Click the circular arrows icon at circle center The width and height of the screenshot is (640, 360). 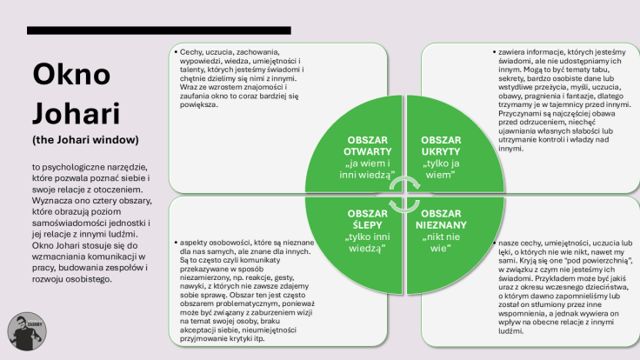click(x=403, y=194)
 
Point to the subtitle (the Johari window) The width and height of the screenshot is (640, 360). click(x=85, y=139)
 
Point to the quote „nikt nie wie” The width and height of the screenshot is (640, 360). click(x=443, y=241)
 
